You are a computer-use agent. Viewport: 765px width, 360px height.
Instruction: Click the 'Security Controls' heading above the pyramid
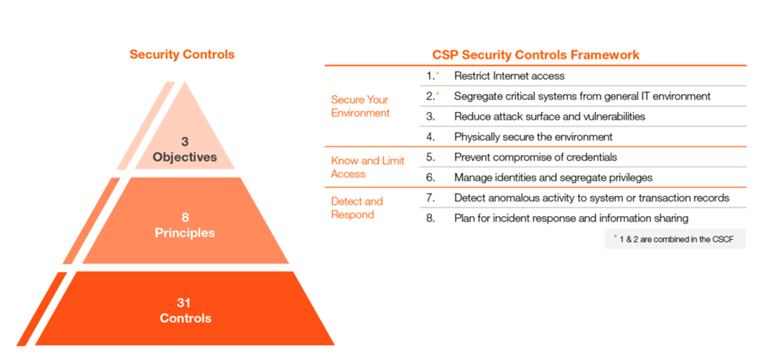182,54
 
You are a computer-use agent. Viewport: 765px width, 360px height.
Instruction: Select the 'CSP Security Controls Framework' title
536,54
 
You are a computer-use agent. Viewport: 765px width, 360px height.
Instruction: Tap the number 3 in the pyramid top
185,142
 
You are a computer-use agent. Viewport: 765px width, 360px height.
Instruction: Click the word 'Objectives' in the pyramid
185,157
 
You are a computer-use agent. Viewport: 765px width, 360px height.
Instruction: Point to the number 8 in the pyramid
185,218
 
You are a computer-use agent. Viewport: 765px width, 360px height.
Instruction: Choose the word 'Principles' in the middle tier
185,233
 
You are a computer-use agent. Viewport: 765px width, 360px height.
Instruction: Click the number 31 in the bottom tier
184,303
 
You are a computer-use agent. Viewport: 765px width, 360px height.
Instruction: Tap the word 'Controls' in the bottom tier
185,319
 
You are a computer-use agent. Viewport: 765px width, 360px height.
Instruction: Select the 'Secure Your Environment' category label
360,106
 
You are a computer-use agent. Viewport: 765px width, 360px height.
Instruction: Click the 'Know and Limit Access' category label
367,167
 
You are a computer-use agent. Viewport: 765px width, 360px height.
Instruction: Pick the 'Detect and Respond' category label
357,208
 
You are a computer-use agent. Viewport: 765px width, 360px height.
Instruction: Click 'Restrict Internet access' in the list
510,76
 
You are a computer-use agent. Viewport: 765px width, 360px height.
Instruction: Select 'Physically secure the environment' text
533,137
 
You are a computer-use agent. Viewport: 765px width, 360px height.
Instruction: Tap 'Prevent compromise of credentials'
536,157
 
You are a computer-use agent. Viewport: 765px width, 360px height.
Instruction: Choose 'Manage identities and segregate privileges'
554,177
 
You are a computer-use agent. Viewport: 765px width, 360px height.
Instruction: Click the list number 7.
430,198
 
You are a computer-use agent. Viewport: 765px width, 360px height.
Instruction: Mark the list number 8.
430,219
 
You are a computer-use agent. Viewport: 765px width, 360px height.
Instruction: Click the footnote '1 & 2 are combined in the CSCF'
676,240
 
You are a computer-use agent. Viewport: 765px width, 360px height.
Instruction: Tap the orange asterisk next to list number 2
437,94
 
